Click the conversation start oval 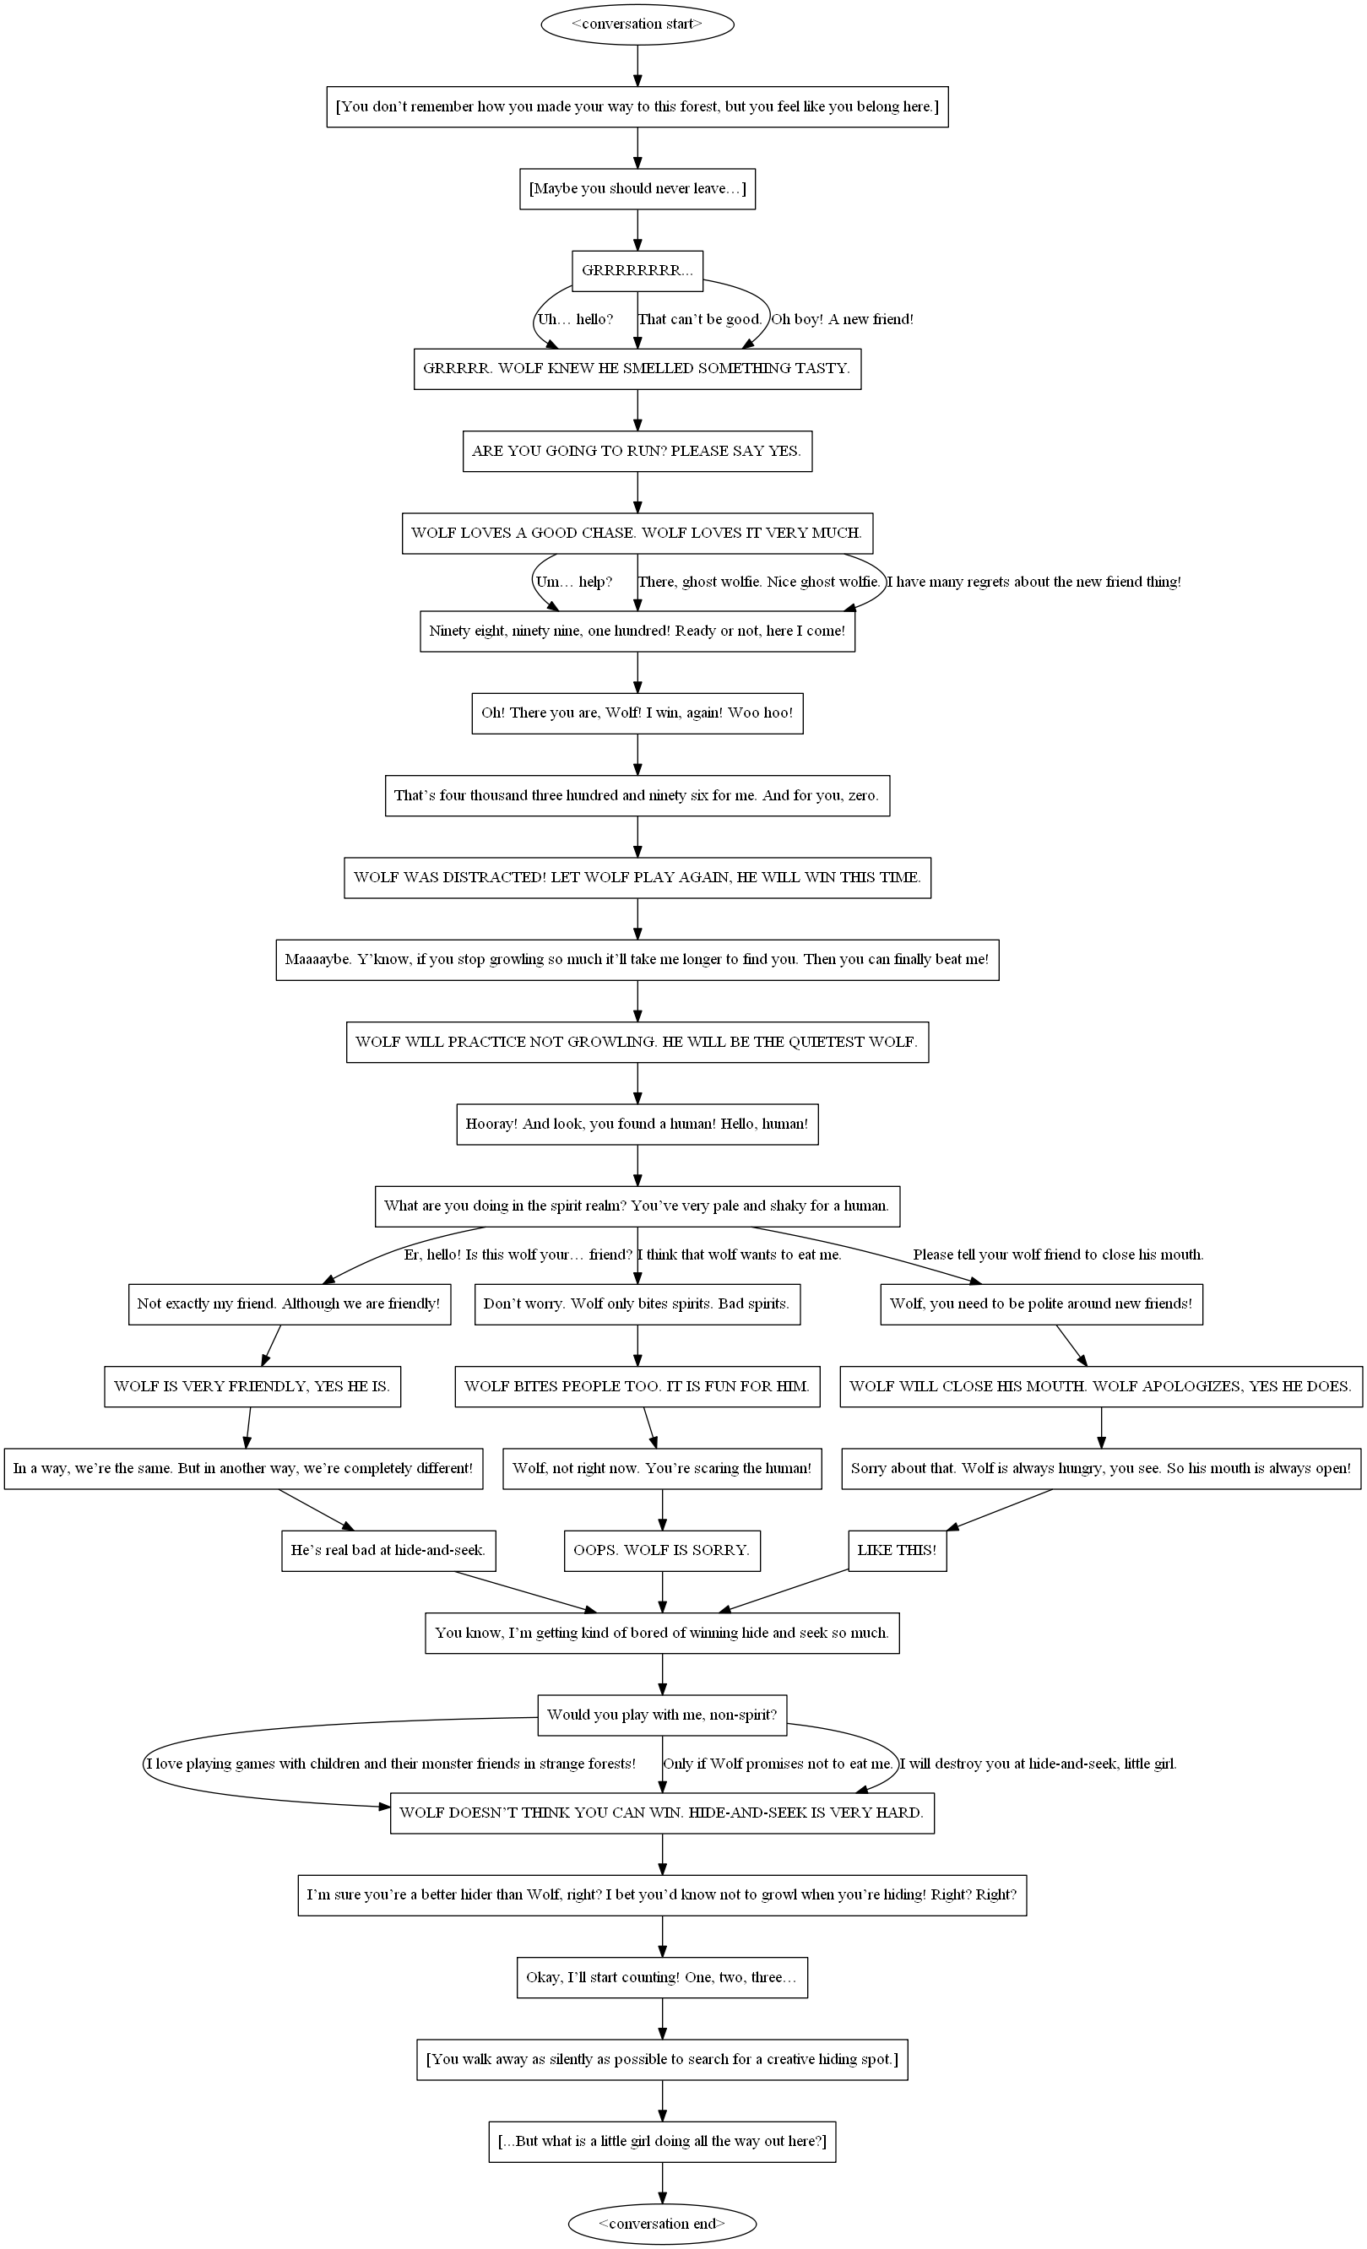[x=637, y=24]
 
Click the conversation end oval [x=662, y=2224]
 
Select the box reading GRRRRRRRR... [x=637, y=271]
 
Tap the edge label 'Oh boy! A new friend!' [x=842, y=319]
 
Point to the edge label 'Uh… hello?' [x=575, y=319]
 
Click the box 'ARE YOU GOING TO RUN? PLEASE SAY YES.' [x=637, y=451]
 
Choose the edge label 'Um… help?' [x=573, y=582]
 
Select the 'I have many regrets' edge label [x=1033, y=582]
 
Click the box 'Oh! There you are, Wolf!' [x=637, y=713]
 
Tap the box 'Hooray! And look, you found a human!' [x=637, y=1124]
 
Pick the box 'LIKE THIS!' [x=897, y=1550]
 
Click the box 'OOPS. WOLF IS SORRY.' [x=662, y=1550]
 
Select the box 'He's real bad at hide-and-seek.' [x=388, y=1550]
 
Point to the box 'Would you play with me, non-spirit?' [x=662, y=1714]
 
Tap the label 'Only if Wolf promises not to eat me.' [x=778, y=1764]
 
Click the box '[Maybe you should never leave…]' [x=637, y=189]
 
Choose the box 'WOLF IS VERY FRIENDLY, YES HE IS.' [x=252, y=1386]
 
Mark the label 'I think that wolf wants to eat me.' [x=740, y=1255]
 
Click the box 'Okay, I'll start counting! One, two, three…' [x=662, y=1977]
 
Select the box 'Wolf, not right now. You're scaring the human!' [x=662, y=1469]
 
